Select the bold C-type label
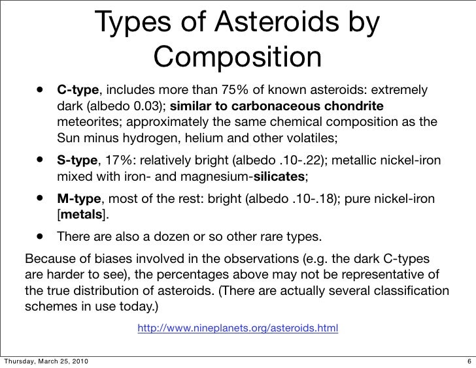point(78,89)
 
